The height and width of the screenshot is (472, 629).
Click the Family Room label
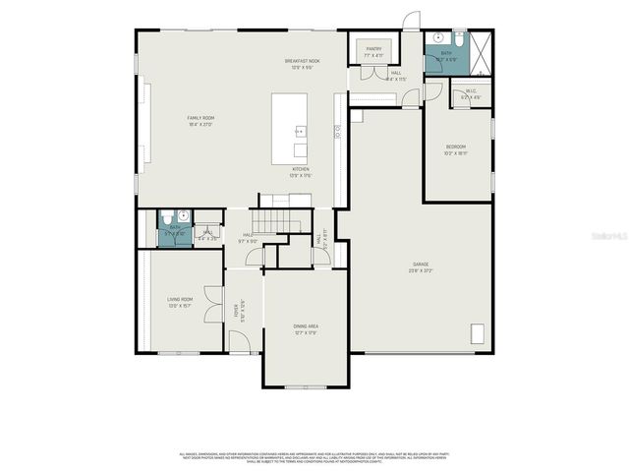point(200,121)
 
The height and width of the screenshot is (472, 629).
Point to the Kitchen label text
point(301,172)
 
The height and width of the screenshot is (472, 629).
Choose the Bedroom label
point(455,150)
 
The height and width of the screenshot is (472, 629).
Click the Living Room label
point(180,301)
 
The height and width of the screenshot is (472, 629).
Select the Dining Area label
point(306,328)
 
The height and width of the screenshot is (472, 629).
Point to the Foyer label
point(237,310)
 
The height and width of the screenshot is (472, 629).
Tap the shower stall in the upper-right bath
point(478,53)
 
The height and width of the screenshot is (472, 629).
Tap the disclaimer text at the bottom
point(314,457)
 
